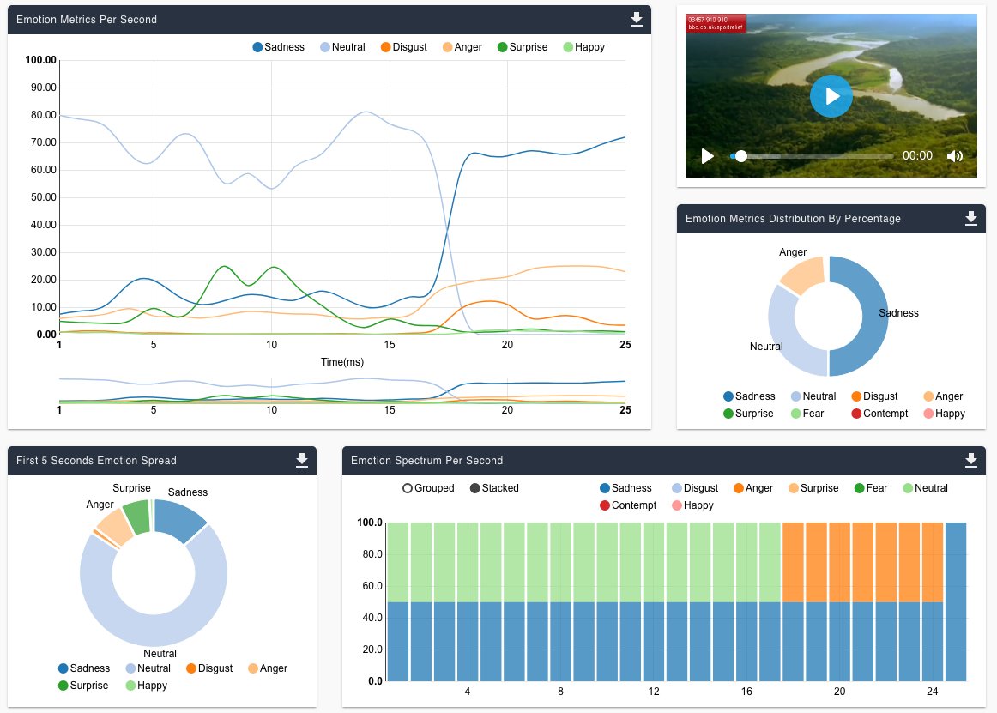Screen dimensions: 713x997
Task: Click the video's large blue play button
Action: click(x=831, y=96)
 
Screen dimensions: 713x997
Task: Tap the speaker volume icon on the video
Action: click(x=955, y=156)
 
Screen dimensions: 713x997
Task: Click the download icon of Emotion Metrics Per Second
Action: click(x=636, y=19)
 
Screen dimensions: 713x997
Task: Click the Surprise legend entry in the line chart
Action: click(x=522, y=47)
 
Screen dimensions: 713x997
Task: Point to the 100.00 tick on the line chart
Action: click(x=41, y=60)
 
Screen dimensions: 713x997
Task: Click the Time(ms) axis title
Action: click(x=341, y=362)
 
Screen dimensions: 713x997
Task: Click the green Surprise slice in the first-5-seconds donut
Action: click(x=137, y=516)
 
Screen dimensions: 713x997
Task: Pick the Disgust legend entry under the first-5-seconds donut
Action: click(x=208, y=668)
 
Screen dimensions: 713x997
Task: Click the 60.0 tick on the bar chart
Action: click(x=371, y=585)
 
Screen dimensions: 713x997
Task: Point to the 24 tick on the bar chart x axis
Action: click(x=932, y=692)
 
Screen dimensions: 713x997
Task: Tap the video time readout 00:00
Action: click(x=917, y=156)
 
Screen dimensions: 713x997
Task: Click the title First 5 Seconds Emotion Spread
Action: click(x=96, y=461)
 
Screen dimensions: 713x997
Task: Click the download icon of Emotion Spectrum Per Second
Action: click(x=970, y=461)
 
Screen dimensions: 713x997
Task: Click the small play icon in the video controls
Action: click(x=707, y=156)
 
